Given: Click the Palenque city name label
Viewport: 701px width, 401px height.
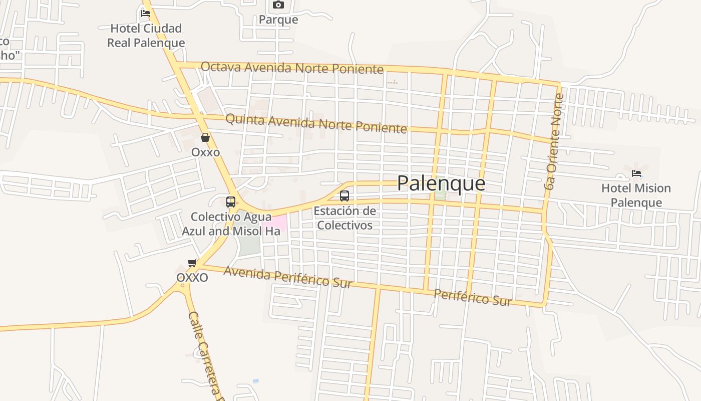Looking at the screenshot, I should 441,183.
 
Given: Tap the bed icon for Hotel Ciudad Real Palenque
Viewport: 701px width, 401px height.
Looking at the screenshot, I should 146,13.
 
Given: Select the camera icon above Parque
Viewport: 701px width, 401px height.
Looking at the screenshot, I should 278,5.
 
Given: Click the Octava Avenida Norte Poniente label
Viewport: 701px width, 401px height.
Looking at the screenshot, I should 292,68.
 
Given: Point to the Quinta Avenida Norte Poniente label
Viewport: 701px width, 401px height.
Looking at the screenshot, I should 316,123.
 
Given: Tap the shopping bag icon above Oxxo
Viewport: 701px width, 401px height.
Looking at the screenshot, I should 205,137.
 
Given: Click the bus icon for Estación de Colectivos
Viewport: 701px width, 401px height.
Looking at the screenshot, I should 344,196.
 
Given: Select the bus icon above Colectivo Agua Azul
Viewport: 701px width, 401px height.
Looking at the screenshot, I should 231,202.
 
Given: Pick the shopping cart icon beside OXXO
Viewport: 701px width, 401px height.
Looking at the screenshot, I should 192,263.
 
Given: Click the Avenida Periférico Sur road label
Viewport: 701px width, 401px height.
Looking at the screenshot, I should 288,277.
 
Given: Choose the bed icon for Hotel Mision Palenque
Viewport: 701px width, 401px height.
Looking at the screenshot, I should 636,173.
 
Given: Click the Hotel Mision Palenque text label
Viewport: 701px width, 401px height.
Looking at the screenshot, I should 636,195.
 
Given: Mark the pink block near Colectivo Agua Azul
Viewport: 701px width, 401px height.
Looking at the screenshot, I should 278,222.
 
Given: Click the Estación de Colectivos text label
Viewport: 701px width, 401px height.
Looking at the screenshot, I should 344,218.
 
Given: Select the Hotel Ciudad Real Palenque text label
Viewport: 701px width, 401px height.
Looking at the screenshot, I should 146,36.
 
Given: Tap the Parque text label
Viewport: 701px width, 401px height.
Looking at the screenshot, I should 278,20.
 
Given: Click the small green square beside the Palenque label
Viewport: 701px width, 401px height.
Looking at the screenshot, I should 440,195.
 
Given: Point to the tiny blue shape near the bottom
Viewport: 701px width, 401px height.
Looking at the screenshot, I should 256,381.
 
